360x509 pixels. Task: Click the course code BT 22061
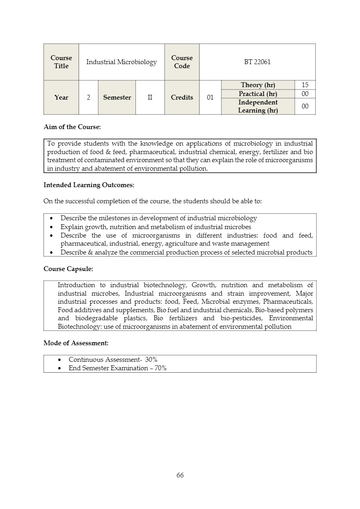(x=257, y=62)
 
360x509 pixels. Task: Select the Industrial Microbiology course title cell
(x=121, y=62)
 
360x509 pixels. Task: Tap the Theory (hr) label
(x=258, y=85)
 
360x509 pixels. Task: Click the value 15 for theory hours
(x=305, y=85)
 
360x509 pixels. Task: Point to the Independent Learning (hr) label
(x=258, y=106)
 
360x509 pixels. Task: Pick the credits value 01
(x=210, y=98)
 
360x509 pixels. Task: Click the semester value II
(x=150, y=98)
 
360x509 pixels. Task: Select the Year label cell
(x=61, y=98)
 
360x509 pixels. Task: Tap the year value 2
(x=88, y=98)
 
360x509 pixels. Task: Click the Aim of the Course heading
(x=72, y=127)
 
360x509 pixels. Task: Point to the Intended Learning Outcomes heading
(x=89, y=185)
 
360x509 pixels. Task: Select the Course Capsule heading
(x=68, y=269)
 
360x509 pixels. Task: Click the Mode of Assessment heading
(x=76, y=343)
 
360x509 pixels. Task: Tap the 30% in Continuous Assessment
(x=152, y=359)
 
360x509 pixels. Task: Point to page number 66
(x=180, y=475)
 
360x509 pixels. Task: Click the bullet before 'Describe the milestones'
(x=51, y=219)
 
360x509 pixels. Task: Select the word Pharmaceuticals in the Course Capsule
(x=288, y=302)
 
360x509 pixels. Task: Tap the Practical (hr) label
(x=258, y=94)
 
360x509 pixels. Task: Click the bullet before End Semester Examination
(x=60, y=368)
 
